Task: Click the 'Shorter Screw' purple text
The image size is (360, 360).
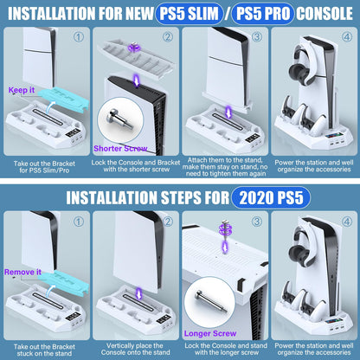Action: point(125,147)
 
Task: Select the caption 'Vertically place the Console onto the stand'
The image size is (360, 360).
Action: point(135,347)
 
